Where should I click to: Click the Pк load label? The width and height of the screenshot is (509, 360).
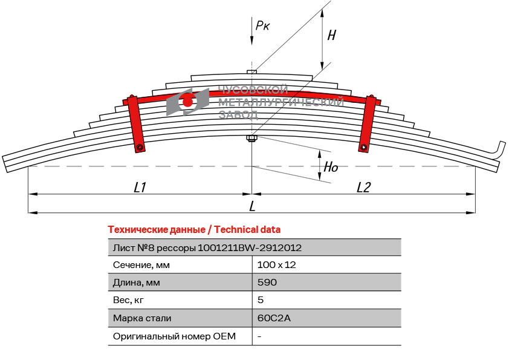(262, 25)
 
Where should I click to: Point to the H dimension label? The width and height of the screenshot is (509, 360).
(331, 35)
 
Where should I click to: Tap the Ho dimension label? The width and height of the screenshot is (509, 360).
(331, 168)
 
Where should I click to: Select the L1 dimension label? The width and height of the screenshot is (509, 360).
(140, 188)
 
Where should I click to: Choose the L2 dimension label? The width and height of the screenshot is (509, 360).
(363, 188)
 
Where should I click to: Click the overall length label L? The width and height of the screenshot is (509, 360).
(252, 206)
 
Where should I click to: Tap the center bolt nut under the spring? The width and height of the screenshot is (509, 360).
(252, 140)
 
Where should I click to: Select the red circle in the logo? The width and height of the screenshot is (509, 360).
(188, 102)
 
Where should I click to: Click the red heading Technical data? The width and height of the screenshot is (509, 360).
(194, 230)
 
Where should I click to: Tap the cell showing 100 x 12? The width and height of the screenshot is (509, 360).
(276, 264)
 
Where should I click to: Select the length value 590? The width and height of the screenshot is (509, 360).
(267, 283)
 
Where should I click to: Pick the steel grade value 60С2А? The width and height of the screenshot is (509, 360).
(274, 318)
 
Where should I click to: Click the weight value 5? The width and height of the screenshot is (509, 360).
(261, 299)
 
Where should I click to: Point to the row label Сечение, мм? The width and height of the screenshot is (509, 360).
(141, 264)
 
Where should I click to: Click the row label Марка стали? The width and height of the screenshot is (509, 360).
(142, 318)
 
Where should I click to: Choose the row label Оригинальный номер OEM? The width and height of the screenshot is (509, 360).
(174, 336)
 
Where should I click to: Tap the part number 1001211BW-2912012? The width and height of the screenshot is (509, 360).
(250, 247)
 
